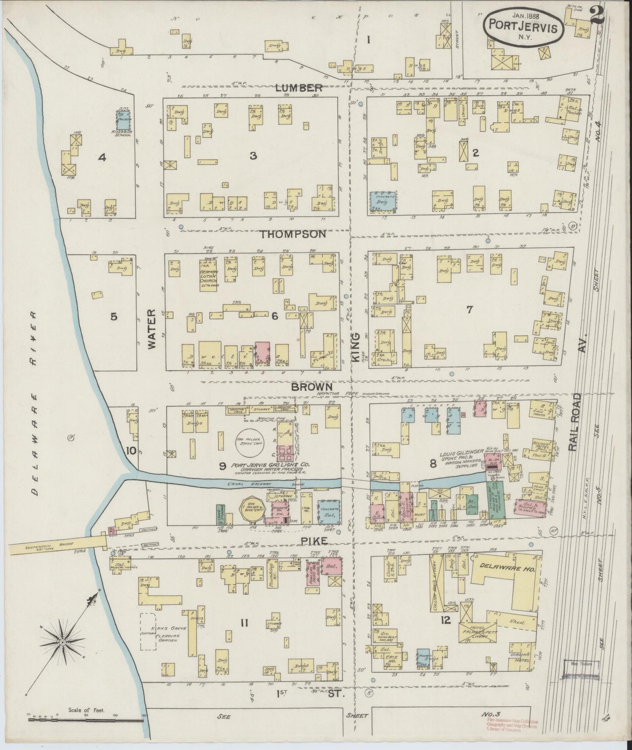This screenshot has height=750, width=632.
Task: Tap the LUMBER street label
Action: click(299, 88)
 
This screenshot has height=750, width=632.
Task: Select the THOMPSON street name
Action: click(293, 235)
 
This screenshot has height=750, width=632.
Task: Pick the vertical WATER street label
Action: click(151, 329)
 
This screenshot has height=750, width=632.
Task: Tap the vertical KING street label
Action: click(355, 347)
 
